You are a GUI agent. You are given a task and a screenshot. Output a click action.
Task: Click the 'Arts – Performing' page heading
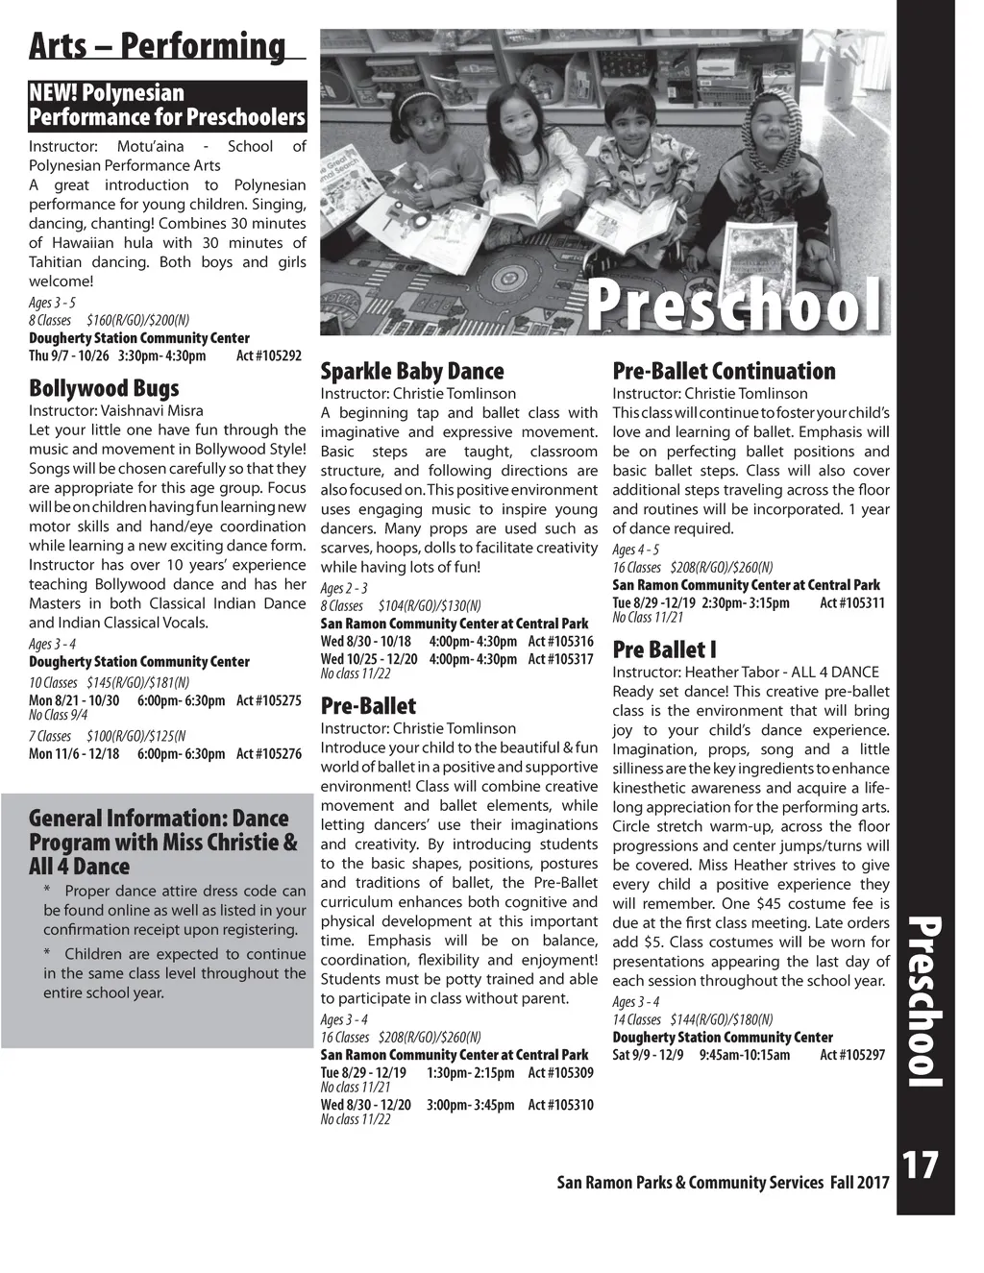click(x=158, y=45)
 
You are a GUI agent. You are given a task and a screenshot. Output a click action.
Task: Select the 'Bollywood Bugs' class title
click(x=104, y=388)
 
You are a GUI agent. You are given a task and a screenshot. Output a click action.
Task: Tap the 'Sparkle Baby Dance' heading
click(x=411, y=371)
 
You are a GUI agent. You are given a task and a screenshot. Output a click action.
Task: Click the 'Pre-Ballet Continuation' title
click(x=724, y=371)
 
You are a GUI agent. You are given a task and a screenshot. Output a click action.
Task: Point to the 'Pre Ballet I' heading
click(x=665, y=649)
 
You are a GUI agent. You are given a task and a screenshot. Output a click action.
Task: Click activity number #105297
click(x=852, y=1055)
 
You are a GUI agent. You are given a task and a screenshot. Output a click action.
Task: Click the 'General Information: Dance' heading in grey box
click(x=159, y=819)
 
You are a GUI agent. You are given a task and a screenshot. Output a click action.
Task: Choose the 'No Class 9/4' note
click(x=58, y=714)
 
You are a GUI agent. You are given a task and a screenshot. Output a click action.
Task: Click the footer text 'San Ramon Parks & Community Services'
click(x=690, y=1183)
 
